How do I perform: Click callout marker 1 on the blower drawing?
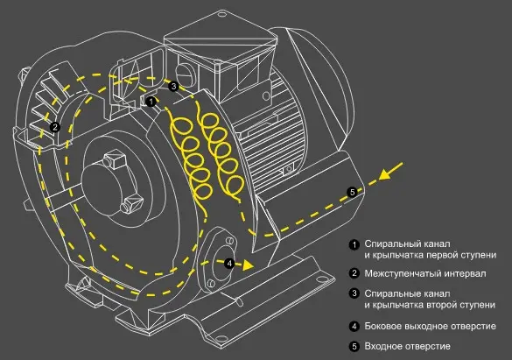151,102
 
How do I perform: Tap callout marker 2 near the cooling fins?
55,127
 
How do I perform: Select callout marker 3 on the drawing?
173,86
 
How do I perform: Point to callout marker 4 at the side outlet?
229,264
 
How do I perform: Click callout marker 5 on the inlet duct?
352,192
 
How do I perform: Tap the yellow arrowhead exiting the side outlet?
249,265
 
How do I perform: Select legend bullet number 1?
354,244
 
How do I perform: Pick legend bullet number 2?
354,273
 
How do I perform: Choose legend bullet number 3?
354,293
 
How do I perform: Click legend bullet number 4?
354,326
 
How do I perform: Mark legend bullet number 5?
354,346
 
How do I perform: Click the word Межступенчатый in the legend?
404,274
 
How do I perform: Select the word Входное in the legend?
382,346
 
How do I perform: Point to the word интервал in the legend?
466,274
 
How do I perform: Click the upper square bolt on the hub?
115,159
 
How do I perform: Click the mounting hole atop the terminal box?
221,14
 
